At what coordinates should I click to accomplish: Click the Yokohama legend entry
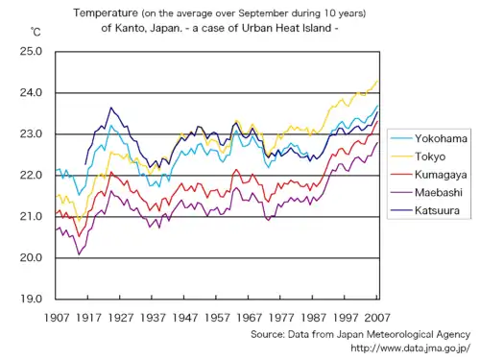440,139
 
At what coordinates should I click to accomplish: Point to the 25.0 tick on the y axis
31,51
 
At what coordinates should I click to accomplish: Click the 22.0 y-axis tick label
31,175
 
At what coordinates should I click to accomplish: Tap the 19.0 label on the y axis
31,299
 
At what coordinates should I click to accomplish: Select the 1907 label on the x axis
57,316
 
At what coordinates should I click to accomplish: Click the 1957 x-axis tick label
217,316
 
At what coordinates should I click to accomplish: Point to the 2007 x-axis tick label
377,316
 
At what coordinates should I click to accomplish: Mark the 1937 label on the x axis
153,316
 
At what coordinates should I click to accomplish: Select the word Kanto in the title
134,29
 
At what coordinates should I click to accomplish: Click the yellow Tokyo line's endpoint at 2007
377,81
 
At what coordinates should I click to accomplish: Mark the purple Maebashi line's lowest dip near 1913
79,253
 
